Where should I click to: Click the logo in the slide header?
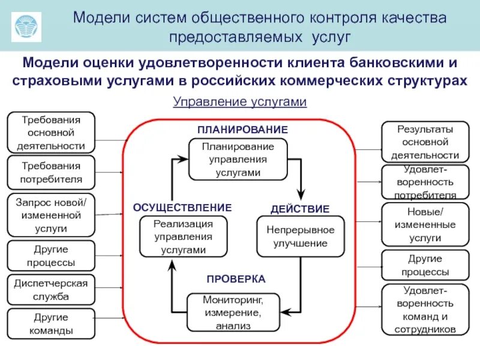pyautogui.click(x=27, y=25)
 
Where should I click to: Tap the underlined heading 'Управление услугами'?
pyautogui.click(x=240, y=102)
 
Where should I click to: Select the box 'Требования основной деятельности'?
pyautogui.click(x=51, y=132)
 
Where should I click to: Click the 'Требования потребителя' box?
pyautogui.click(x=51, y=172)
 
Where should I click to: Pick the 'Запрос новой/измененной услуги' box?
pyautogui.click(x=51, y=214)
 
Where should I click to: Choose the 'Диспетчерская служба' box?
pyautogui.click(x=51, y=289)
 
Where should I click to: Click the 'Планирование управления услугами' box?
pyautogui.click(x=238, y=159)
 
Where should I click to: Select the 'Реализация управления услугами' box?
pyautogui.click(x=184, y=236)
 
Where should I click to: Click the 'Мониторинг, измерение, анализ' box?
pyautogui.click(x=233, y=312)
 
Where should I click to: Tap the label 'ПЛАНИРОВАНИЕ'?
pyautogui.click(x=243, y=130)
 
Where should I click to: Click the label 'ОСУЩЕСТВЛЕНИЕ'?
pyautogui.click(x=182, y=208)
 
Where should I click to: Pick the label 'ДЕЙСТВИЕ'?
pyautogui.click(x=300, y=209)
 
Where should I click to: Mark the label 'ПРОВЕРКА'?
pyautogui.click(x=236, y=279)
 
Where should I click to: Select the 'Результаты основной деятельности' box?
pyautogui.click(x=425, y=142)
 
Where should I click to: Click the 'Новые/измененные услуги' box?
pyautogui.click(x=425, y=224)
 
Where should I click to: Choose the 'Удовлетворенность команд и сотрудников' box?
pyautogui.click(x=425, y=310)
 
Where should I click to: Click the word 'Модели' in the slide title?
pyautogui.click(x=98, y=17)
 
